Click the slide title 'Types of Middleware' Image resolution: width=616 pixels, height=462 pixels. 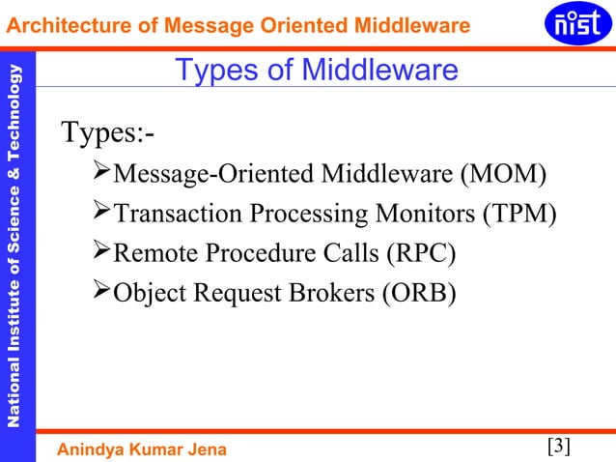click(315, 71)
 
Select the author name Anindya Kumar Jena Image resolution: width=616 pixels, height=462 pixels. click(145, 448)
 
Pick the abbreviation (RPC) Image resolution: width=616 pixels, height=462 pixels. click(420, 253)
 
